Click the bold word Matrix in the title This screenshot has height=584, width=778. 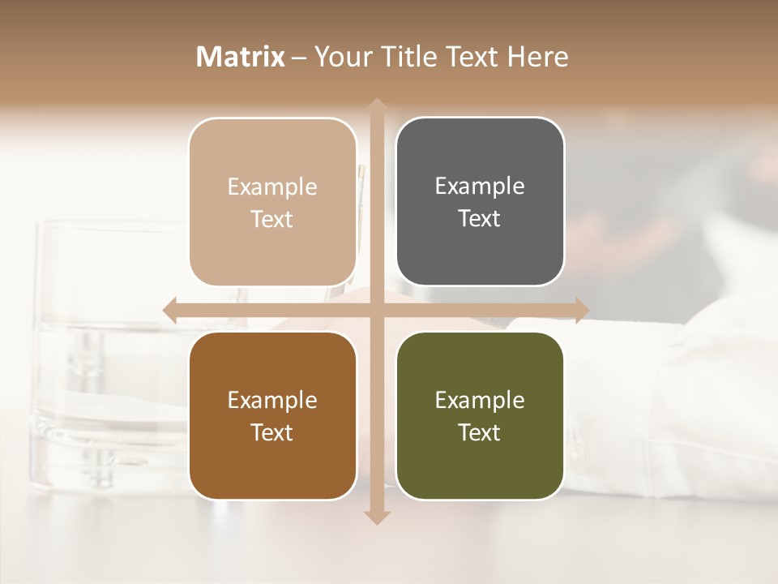tap(241, 57)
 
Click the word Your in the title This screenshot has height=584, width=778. tap(339, 57)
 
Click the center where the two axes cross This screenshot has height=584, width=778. tap(376, 310)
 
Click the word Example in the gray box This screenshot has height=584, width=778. tap(480, 187)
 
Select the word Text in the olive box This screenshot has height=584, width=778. tap(480, 433)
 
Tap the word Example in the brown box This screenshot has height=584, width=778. tap(272, 401)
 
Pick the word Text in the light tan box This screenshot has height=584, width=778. tap(272, 220)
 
